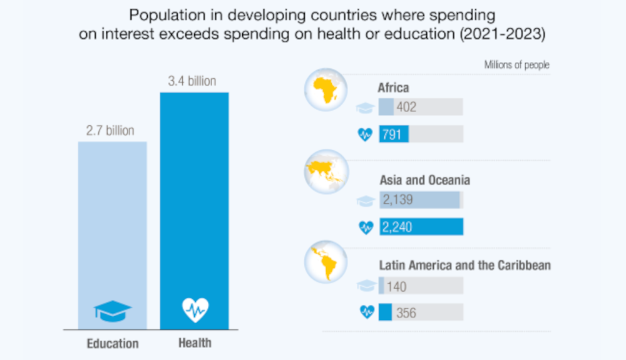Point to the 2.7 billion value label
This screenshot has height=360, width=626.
(x=110, y=131)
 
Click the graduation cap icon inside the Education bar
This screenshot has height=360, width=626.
(x=112, y=309)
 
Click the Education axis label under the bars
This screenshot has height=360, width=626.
(x=112, y=343)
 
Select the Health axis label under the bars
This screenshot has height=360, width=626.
(x=195, y=342)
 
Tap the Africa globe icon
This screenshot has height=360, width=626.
(x=325, y=93)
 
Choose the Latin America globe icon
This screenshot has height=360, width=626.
(x=325, y=262)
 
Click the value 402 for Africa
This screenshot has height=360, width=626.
(x=406, y=107)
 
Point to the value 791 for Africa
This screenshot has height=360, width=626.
(x=391, y=134)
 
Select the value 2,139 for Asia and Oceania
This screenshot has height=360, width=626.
(x=398, y=200)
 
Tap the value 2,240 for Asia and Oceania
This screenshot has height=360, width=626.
(x=398, y=227)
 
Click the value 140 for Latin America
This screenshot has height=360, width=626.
(x=396, y=287)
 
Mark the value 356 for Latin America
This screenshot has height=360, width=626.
(x=406, y=312)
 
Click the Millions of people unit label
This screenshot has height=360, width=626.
(x=516, y=65)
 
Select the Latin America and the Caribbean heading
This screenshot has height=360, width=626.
(x=464, y=265)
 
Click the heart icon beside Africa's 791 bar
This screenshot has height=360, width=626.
(x=366, y=134)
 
